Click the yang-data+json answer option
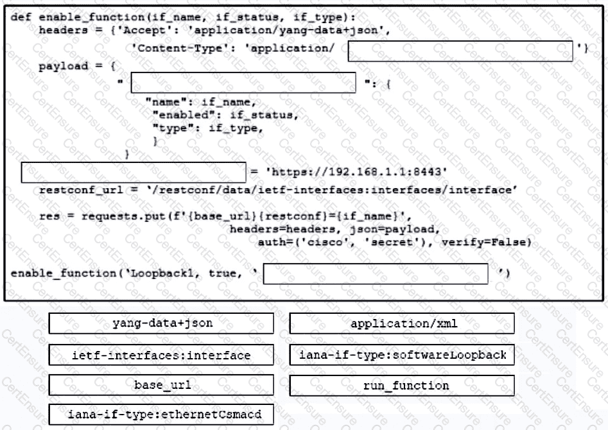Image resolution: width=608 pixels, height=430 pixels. point(161,323)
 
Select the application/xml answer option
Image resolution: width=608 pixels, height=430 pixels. point(402,323)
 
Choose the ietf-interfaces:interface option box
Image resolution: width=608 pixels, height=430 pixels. point(161,355)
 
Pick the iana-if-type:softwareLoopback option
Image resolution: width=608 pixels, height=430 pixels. point(402,355)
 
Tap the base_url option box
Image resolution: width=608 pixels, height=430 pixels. point(161,385)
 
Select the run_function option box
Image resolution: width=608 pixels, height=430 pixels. point(402,386)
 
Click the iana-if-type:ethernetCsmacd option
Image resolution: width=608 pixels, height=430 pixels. point(161,415)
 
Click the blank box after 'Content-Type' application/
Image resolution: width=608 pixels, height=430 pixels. point(460,51)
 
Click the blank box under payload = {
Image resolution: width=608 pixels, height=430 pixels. point(243,83)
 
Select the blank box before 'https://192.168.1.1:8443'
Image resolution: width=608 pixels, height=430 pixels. point(134,173)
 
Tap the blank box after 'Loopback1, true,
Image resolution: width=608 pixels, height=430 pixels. point(376,274)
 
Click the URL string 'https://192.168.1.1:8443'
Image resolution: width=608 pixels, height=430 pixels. point(356,172)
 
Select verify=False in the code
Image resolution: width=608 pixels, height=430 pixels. point(486,243)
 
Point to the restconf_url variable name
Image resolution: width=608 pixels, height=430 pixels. point(81,190)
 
